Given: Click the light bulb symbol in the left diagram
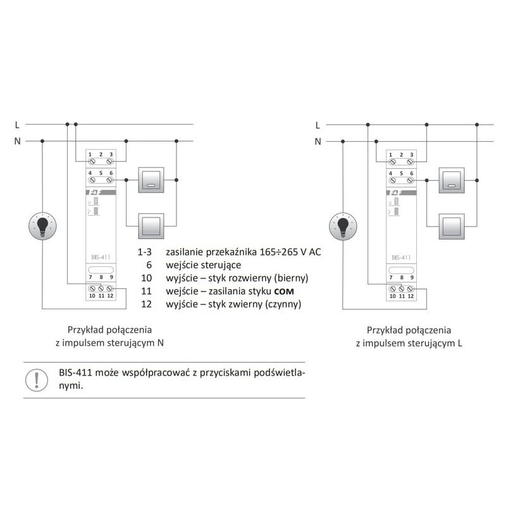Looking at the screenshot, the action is tap(42, 226).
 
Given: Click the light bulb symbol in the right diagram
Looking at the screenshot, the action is tap(343, 226).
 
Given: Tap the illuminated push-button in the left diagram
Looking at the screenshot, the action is tap(151, 180).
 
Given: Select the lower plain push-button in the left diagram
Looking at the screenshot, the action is tap(151, 226).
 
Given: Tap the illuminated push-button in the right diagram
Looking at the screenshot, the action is tap(452, 180).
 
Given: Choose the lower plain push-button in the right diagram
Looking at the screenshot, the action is tap(452, 226).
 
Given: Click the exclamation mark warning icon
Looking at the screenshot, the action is tap(37, 380).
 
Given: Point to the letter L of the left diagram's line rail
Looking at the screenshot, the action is tap(17, 125).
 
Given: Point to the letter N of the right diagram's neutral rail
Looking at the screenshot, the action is tap(318, 141).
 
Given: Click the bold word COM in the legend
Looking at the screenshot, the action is tap(284, 292).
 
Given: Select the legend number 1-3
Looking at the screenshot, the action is tap(144, 252).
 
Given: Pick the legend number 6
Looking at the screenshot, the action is tap(149, 265).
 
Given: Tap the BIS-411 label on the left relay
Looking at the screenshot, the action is tap(101, 257).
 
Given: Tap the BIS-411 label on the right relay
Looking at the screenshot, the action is tap(401, 257).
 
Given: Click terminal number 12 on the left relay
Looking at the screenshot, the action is tap(110, 295).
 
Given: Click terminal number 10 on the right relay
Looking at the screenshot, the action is tap(392, 296).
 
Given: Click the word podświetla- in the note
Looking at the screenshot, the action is tap(279, 373).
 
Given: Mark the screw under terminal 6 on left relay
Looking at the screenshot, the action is tap(109, 180).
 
